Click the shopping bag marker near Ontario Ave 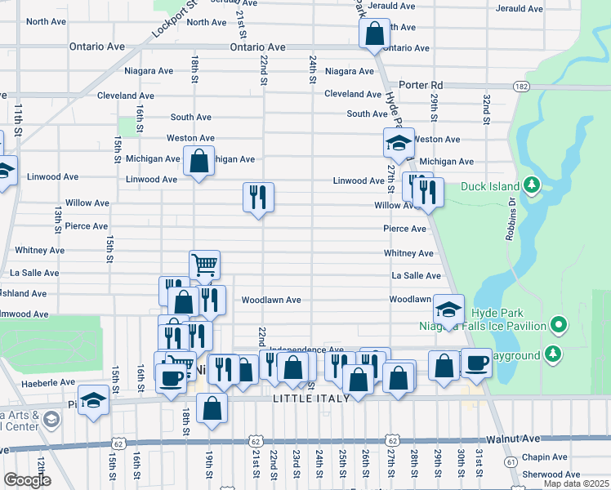pyautogui.click(x=374, y=34)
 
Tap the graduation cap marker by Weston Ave pyautogui.click(x=399, y=143)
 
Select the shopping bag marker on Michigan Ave pyautogui.click(x=198, y=161)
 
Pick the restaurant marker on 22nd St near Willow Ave pyautogui.click(x=258, y=197)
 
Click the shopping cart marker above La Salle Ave pyautogui.click(x=204, y=265)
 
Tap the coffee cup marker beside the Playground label pyautogui.click(x=476, y=363)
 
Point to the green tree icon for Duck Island pyautogui.click(x=533, y=185)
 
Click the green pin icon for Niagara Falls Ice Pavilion pyautogui.click(x=559, y=326)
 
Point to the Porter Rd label pyautogui.click(x=421, y=85)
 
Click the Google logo pyautogui.click(x=27, y=480)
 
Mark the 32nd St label pyautogui.click(x=485, y=105)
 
